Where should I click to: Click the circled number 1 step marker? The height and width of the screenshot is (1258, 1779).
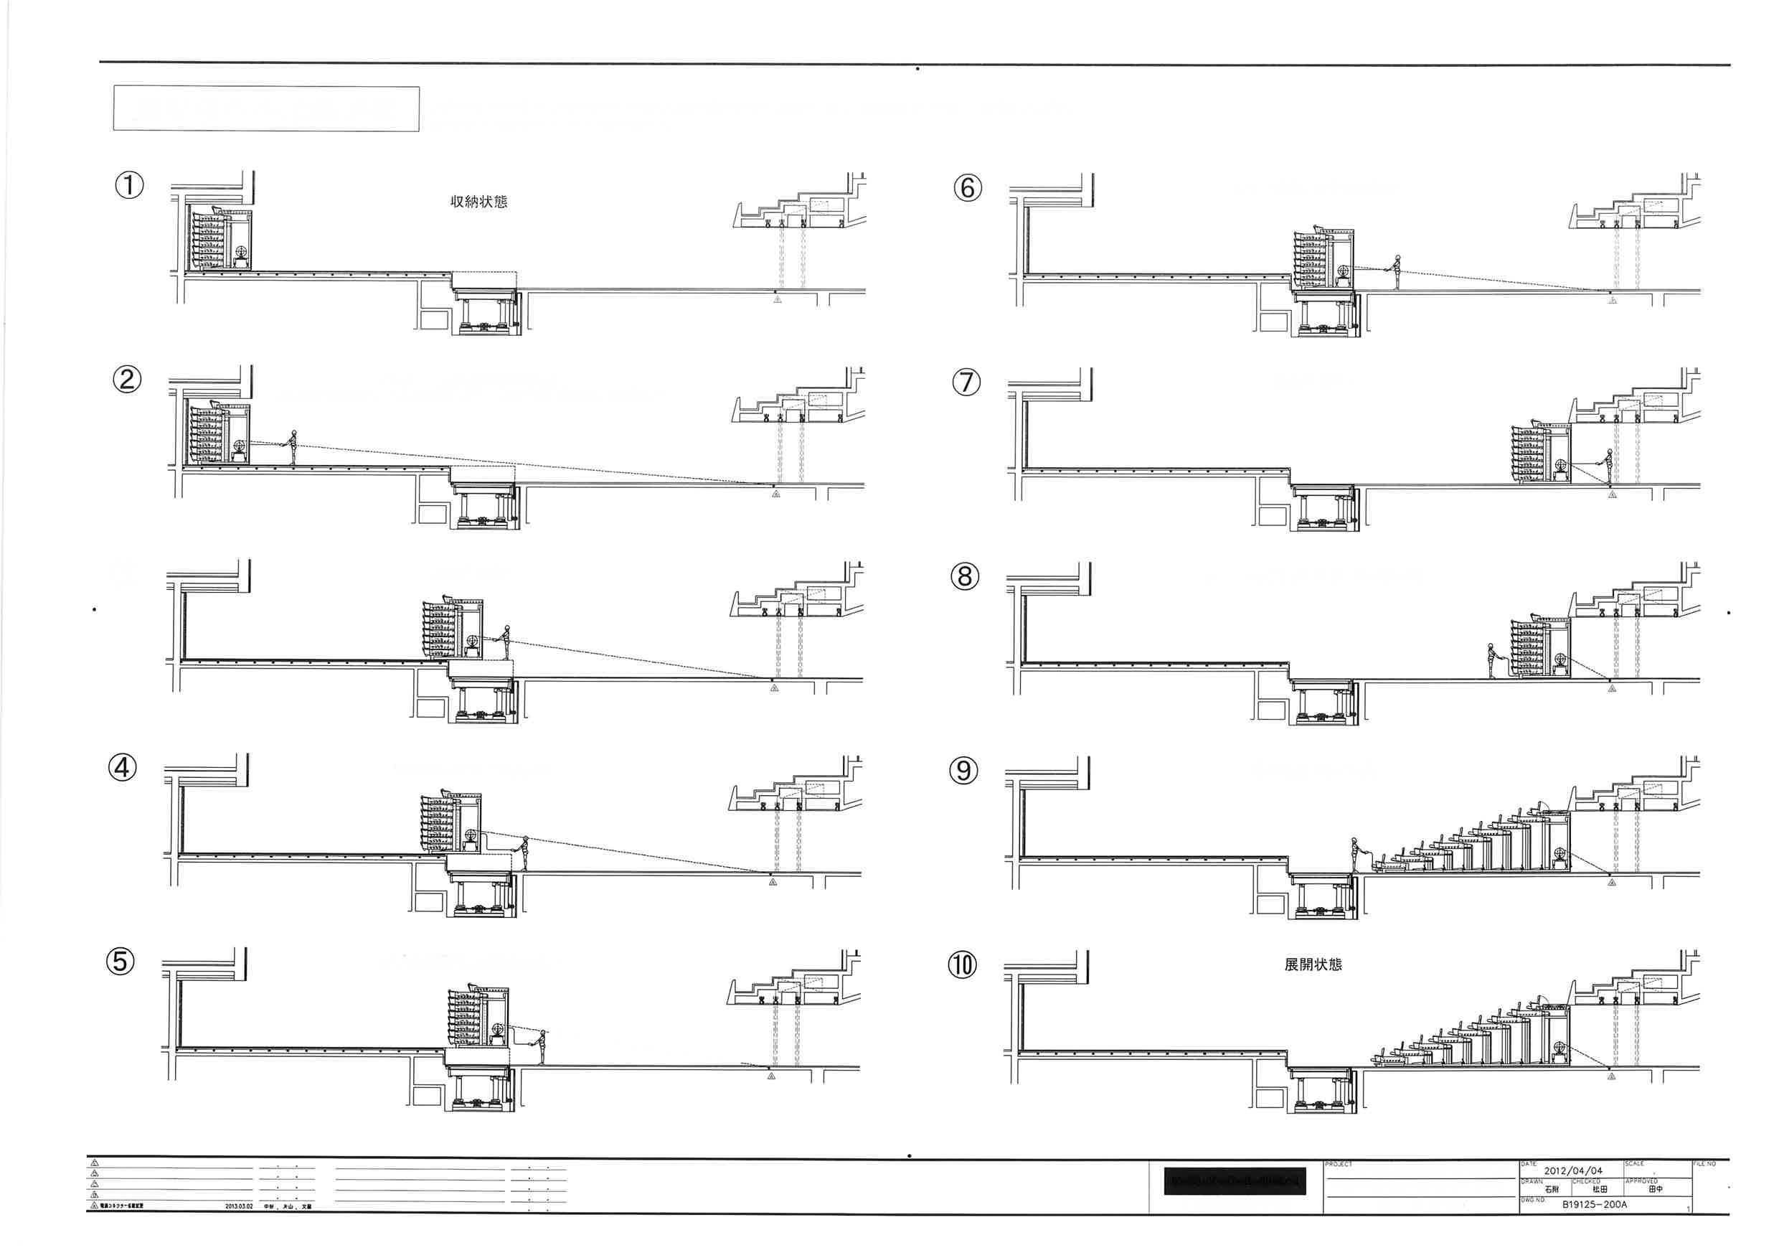pyautogui.click(x=129, y=185)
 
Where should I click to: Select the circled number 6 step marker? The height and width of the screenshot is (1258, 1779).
pyautogui.click(x=967, y=187)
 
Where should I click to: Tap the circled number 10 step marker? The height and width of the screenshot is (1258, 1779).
pyautogui.click(x=963, y=965)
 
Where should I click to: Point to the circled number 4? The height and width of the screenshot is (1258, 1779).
pyautogui.click(x=123, y=768)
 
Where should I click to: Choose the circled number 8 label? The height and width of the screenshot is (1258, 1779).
pyautogui.click(x=965, y=576)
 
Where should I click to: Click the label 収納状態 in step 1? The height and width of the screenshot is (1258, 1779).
pyautogui.click(x=479, y=202)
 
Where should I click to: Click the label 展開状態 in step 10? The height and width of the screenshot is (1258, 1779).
pyautogui.click(x=1313, y=965)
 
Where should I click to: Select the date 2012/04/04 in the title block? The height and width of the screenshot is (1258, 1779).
pyautogui.click(x=1573, y=1170)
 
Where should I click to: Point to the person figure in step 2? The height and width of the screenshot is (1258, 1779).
pyautogui.click(x=293, y=447)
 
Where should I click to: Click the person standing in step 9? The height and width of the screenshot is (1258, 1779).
pyautogui.click(x=1354, y=854)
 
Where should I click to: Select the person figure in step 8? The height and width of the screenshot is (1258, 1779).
pyautogui.click(x=1490, y=659)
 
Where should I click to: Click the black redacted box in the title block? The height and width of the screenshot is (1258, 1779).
pyautogui.click(x=1235, y=1182)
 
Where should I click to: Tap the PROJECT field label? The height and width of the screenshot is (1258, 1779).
pyautogui.click(x=1338, y=1164)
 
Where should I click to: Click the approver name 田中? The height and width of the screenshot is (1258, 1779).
pyautogui.click(x=1656, y=1189)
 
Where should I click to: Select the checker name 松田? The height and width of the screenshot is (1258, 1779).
pyautogui.click(x=1599, y=1189)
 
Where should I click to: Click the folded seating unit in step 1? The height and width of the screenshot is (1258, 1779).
pyautogui.click(x=220, y=239)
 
